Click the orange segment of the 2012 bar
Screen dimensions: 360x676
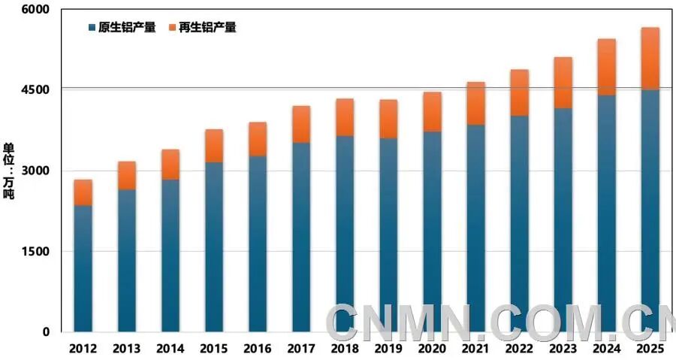[x=83, y=192]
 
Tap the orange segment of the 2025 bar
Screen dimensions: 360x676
[x=650, y=59]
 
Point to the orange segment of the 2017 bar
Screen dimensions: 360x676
[x=301, y=124]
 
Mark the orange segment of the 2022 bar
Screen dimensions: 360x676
[x=519, y=92]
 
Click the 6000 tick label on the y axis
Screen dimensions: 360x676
[x=35, y=9]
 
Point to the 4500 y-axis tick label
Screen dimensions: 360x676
[x=35, y=89]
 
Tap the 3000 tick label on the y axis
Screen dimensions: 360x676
[x=35, y=171]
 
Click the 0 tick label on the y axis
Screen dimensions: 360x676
[x=45, y=331]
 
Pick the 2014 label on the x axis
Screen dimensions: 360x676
[x=171, y=349]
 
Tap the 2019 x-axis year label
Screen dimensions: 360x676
[x=388, y=349]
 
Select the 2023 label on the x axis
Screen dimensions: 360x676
[x=563, y=349]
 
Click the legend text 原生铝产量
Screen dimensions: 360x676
[x=127, y=28]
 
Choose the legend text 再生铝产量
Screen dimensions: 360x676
[x=207, y=28]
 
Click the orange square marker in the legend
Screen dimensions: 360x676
[x=172, y=28]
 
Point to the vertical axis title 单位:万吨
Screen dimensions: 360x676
[x=9, y=170]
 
